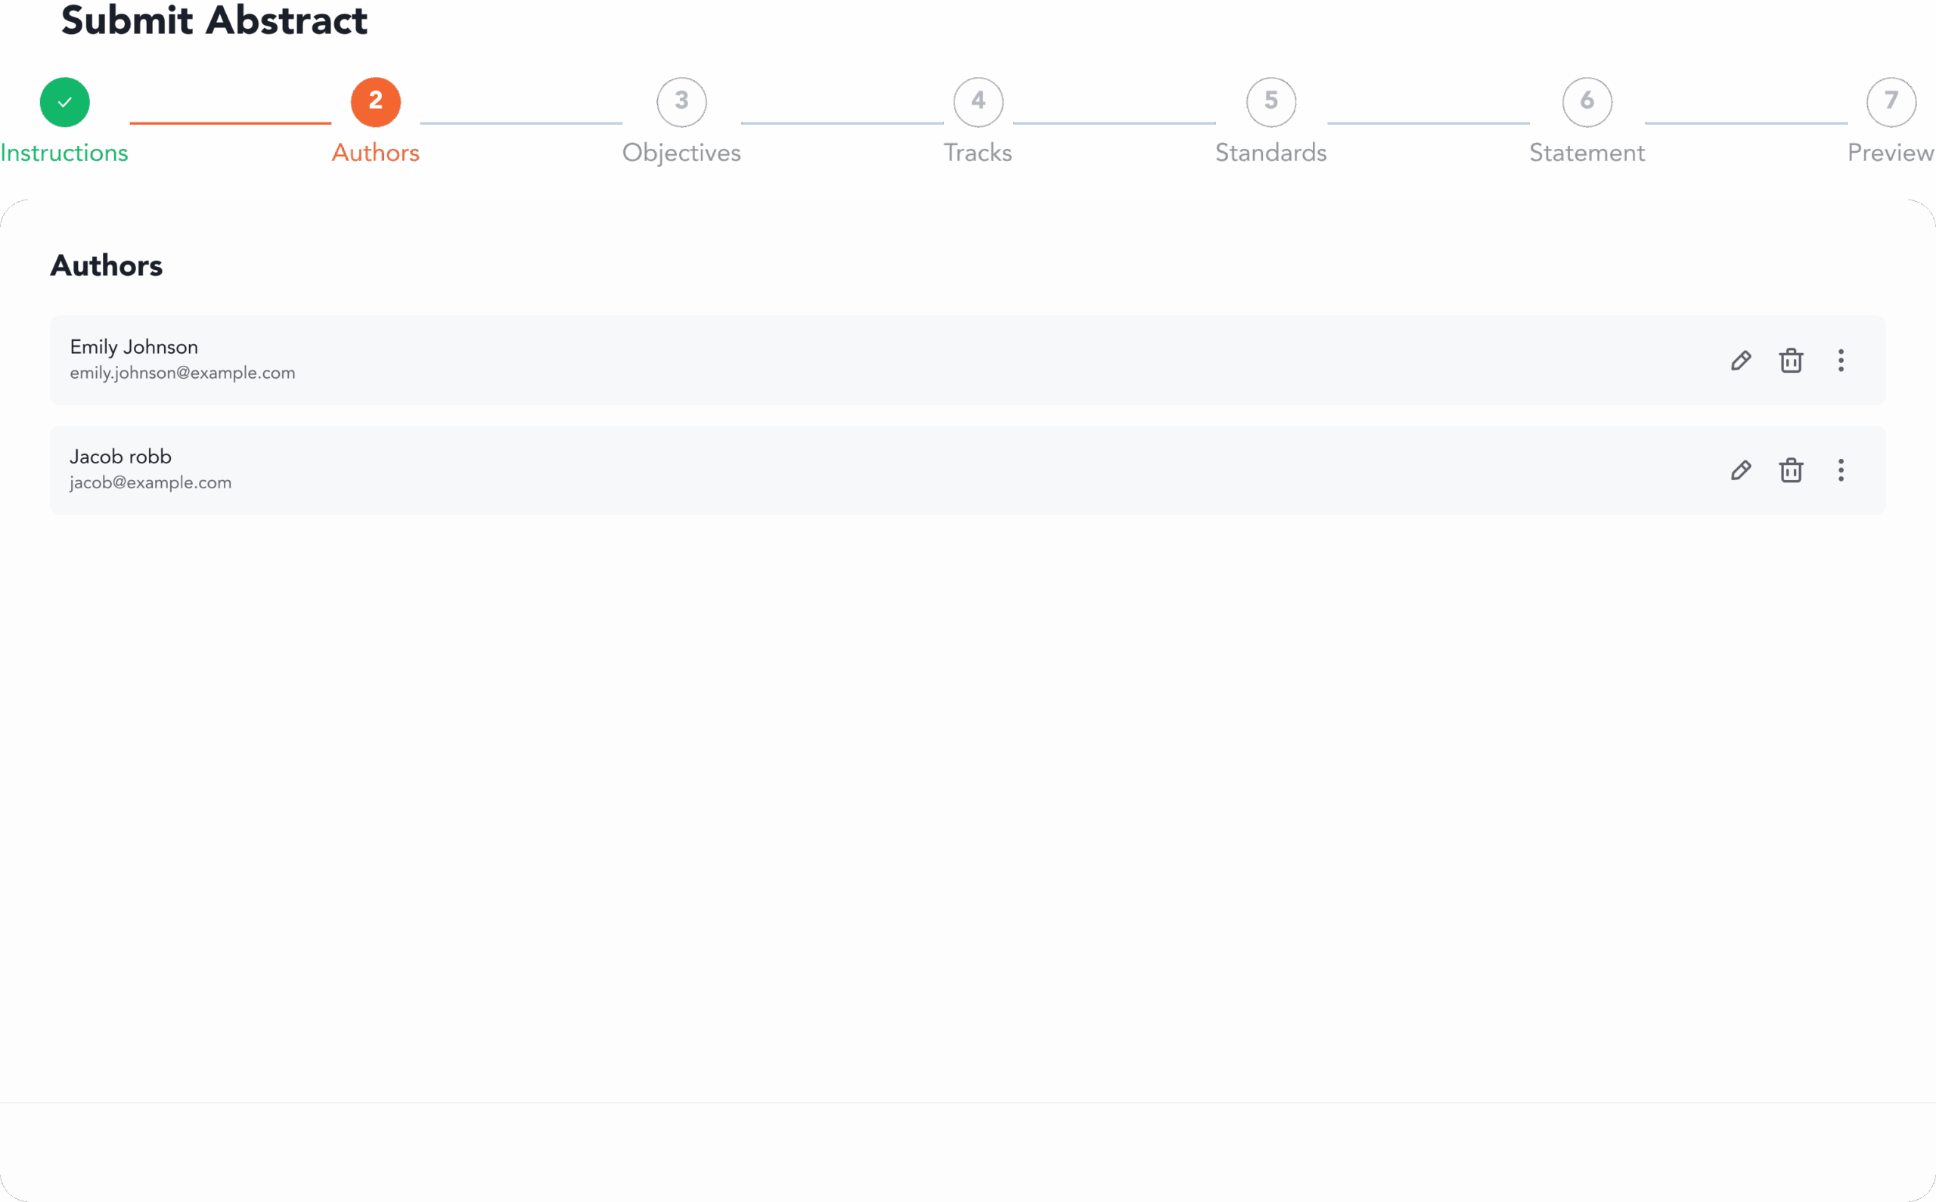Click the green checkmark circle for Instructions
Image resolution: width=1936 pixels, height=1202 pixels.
pos(64,102)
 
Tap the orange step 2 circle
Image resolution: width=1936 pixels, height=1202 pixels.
pos(375,102)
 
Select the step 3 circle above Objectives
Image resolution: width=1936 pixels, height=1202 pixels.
pos(681,102)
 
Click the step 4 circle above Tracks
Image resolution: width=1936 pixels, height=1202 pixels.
pos(978,102)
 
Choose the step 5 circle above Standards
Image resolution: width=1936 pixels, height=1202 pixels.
pos(1271,102)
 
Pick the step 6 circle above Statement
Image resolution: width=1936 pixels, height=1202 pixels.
pos(1587,102)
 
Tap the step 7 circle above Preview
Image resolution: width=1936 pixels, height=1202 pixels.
pos(1891,102)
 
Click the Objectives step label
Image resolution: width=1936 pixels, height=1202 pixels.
pos(681,153)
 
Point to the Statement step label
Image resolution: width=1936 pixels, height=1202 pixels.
pos(1587,153)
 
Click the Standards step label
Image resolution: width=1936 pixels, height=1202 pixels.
pos(1271,153)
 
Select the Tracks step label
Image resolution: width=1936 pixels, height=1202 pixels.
pos(978,153)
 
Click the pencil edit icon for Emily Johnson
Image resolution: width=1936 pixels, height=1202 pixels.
pos(1741,360)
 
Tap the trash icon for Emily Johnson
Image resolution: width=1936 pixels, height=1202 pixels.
pos(1791,360)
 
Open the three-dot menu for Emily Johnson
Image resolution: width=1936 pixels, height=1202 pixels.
pos(1841,360)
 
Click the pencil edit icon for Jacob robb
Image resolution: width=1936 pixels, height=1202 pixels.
pos(1741,469)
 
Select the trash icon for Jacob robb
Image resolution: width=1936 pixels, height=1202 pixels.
pos(1791,469)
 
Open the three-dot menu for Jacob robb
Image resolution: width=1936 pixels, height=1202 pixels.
pos(1841,469)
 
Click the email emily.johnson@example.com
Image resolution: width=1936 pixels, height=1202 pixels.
pos(182,373)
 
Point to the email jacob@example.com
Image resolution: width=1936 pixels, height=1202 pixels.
pos(150,482)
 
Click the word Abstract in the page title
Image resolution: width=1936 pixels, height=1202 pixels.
pos(286,20)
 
